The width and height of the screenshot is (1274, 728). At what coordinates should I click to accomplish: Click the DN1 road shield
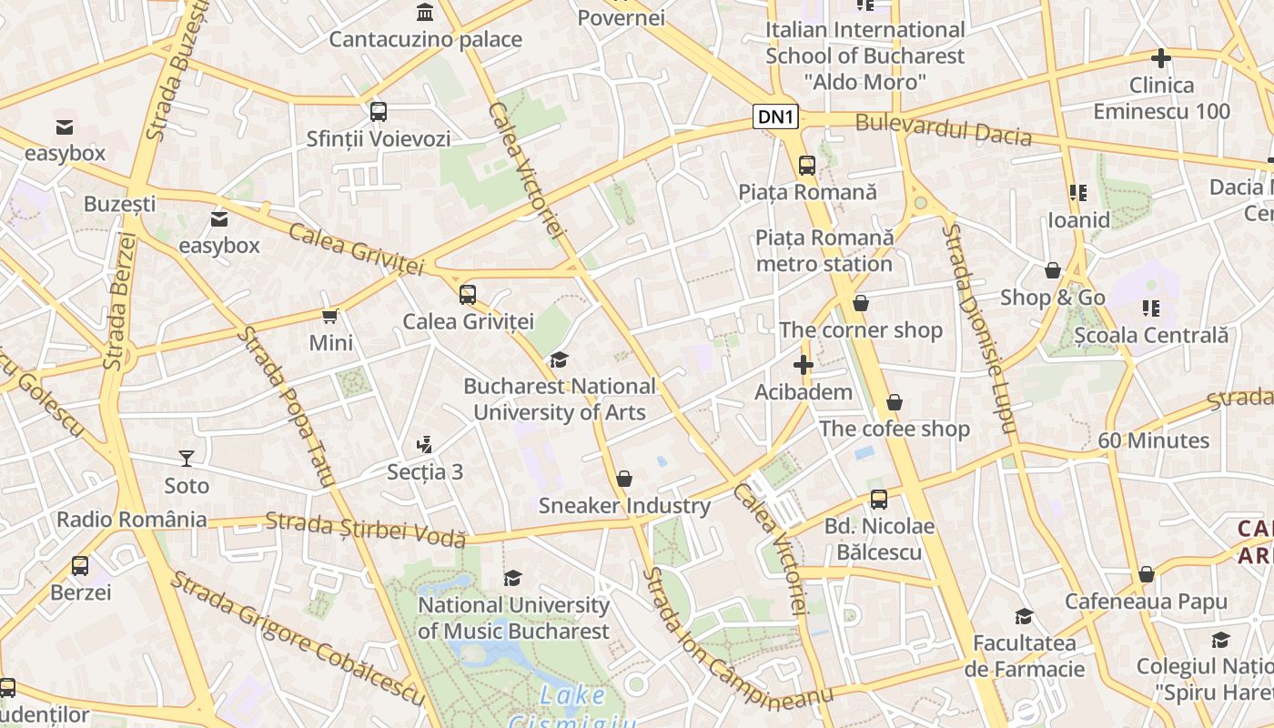pyautogui.click(x=776, y=116)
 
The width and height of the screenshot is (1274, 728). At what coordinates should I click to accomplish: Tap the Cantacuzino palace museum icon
pyautogui.click(x=425, y=12)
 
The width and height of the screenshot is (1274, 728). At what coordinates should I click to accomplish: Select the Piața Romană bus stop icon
pyautogui.click(x=807, y=165)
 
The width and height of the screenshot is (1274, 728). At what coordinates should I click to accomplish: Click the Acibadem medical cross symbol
pyautogui.click(x=803, y=366)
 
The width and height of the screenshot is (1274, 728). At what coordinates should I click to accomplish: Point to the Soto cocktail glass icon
pyautogui.click(x=187, y=458)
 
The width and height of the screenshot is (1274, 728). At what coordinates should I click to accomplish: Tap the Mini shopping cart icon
pyautogui.click(x=330, y=316)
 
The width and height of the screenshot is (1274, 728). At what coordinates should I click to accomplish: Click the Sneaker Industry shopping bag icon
pyautogui.click(x=624, y=479)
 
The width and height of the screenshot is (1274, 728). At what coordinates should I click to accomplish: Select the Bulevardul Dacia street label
pyautogui.click(x=944, y=130)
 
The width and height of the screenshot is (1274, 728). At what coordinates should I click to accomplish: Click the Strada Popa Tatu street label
pyautogui.click(x=286, y=408)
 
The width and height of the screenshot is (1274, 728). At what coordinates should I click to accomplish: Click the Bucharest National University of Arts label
pyautogui.click(x=560, y=399)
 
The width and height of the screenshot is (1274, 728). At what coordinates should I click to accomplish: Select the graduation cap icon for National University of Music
pyautogui.click(x=513, y=578)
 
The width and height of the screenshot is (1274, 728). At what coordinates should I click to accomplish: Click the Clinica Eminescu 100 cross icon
pyautogui.click(x=1161, y=59)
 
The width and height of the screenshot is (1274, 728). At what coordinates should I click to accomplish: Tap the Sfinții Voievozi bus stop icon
pyautogui.click(x=379, y=112)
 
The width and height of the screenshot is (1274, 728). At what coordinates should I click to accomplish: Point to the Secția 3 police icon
pyautogui.click(x=423, y=445)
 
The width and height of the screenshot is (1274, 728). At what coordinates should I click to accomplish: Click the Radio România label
pyautogui.click(x=132, y=520)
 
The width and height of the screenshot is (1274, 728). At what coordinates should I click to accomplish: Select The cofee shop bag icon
pyautogui.click(x=895, y=402)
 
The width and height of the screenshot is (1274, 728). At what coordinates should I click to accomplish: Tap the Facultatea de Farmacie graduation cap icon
pyautogui.click(x=1025, y=616)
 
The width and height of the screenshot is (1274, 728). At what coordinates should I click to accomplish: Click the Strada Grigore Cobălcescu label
pyautogui.click(x=298, y=638)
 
